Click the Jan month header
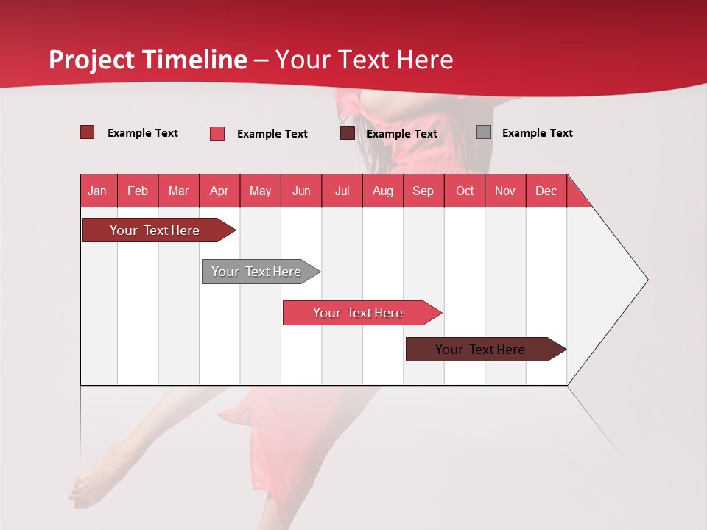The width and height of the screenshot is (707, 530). (97, 191)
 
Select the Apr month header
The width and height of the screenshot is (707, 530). (219, 191)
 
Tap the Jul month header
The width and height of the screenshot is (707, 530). (342, 191)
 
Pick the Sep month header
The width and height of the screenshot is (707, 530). (423, 191)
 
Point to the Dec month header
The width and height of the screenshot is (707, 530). (546, 191)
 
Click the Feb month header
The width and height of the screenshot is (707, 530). (138, 191)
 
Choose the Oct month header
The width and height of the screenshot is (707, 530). (465, 191)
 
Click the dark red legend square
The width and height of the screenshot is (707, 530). (87, 132)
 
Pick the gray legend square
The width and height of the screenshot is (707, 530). (483, 132)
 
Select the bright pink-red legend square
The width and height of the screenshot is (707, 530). (217, 133)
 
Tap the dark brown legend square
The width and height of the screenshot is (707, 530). (348, 133)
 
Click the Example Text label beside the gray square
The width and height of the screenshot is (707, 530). (537, 133)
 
